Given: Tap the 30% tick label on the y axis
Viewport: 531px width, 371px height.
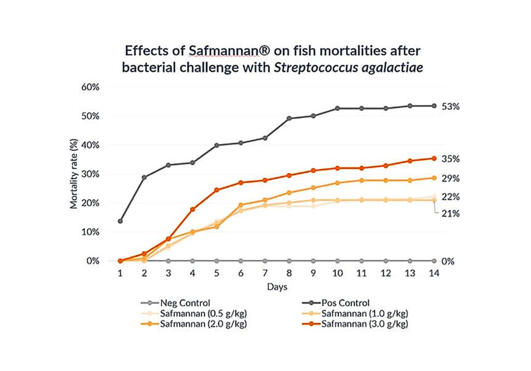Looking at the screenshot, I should [90, 174].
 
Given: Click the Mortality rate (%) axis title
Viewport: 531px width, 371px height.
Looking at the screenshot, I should [74, 174].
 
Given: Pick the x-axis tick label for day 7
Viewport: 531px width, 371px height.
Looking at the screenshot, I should [265, 273].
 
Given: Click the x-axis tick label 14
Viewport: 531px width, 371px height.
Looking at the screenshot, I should [434, 273].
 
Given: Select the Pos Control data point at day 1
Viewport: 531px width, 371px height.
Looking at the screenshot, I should [120, 221].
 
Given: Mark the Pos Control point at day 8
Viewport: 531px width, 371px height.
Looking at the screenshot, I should [289, 118].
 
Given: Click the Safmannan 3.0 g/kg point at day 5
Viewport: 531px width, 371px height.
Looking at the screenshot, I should [217, 190].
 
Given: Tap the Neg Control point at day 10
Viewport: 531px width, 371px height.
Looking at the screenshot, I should [338, 261].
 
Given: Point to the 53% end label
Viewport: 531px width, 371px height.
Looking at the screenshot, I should [451, 106].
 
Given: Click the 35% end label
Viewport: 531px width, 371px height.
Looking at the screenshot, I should [451, 159].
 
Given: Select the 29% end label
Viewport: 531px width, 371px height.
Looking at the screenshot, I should [451, 178].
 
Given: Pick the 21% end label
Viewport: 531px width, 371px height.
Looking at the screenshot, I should [451, 213].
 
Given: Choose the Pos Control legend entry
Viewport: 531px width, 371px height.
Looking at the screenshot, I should [333, 302].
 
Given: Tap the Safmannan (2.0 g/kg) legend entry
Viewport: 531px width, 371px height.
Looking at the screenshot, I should [197, 324].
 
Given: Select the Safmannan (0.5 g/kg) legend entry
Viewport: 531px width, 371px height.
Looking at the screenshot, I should [197, 313].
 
